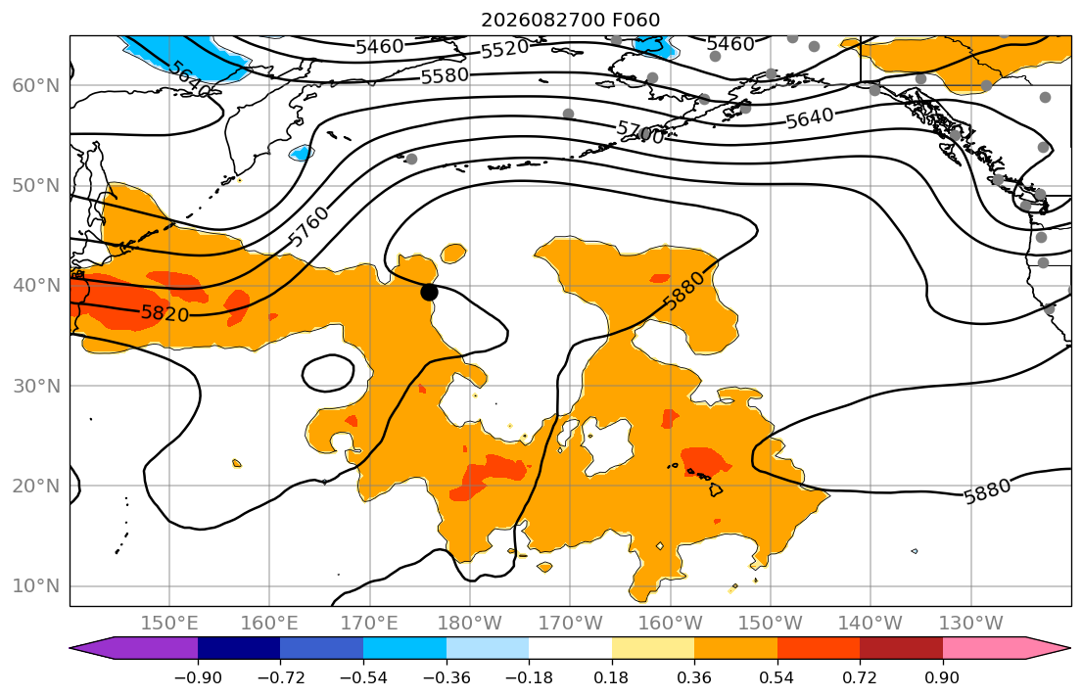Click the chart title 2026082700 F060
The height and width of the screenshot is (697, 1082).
point(570,20)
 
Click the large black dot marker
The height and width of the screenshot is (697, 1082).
point(429,292)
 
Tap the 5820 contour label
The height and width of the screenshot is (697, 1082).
point(165,314)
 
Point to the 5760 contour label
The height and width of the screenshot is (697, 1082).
point(308,226)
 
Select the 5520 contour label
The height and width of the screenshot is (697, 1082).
point(504,49)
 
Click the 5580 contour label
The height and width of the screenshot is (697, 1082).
point(446,75)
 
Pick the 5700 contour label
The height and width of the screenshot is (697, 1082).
point(640,132)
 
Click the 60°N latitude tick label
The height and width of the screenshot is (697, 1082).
point(36,85)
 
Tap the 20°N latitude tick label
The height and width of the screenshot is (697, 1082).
point(36,486)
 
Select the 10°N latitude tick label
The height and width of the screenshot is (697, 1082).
point(36,586)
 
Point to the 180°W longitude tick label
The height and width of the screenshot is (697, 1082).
point(470,624)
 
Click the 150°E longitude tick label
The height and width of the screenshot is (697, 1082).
point(169,624)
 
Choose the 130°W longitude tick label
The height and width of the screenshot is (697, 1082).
point(971,624)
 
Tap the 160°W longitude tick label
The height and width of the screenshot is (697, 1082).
point(671,624)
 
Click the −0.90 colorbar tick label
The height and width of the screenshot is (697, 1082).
point(198,677)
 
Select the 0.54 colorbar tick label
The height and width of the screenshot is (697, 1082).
point(777,677)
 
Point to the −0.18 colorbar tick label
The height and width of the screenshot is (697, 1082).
point(530,677)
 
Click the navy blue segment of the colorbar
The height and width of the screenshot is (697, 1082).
point(239,648)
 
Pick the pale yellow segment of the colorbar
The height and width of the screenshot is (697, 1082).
point(653,648)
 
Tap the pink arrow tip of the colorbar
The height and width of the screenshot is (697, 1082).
point(1069,648)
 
